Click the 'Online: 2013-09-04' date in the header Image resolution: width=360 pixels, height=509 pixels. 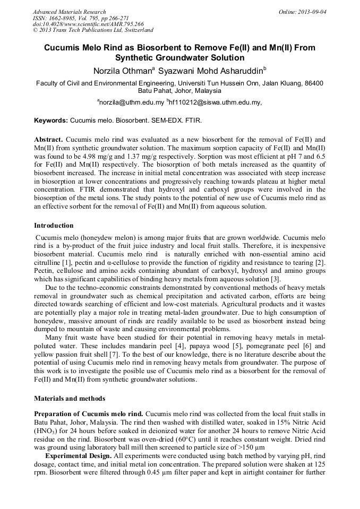303,12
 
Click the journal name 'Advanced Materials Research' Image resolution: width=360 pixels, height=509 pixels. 70,12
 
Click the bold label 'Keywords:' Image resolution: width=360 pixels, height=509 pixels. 51,121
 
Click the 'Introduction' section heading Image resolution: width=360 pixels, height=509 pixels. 54,226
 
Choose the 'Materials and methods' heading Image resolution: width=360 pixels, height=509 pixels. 70,398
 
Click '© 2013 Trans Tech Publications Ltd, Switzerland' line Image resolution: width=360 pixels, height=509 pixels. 93,30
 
